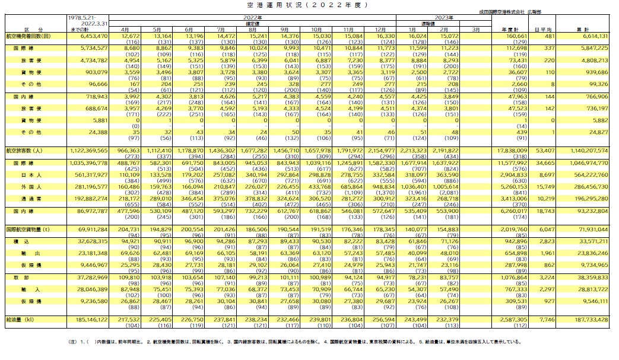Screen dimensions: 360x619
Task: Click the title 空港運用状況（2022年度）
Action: pos(309,5)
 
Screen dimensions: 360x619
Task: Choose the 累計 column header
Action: pos(587,28)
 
